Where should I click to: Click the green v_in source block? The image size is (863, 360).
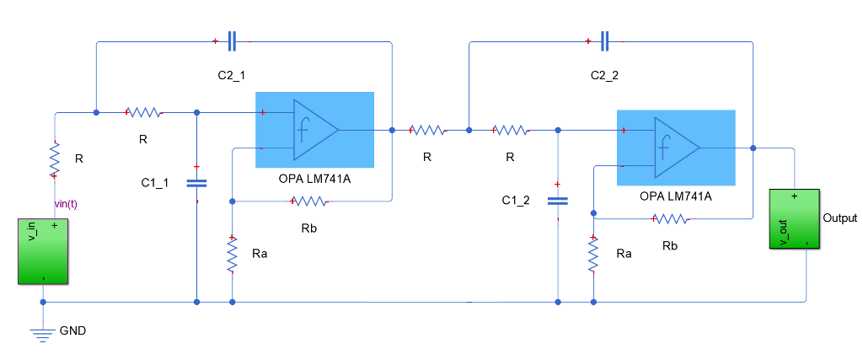(43, 251)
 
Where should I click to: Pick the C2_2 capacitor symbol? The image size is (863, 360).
(605, 40)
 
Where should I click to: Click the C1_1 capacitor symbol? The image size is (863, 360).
(196, 182)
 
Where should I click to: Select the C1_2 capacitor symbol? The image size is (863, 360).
(558, 201)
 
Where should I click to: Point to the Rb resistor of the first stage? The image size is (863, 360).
(309, 201)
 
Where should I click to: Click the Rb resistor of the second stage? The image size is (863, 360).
(670, 219)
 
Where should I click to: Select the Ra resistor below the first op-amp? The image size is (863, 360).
(232, 255)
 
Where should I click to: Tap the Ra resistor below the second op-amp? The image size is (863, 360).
(593, 255)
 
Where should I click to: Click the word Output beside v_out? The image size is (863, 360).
(839, 218)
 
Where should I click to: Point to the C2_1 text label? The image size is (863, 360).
(232, 75)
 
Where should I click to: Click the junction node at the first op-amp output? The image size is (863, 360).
(392, 130)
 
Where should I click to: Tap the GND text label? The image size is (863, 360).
(72, 331)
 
